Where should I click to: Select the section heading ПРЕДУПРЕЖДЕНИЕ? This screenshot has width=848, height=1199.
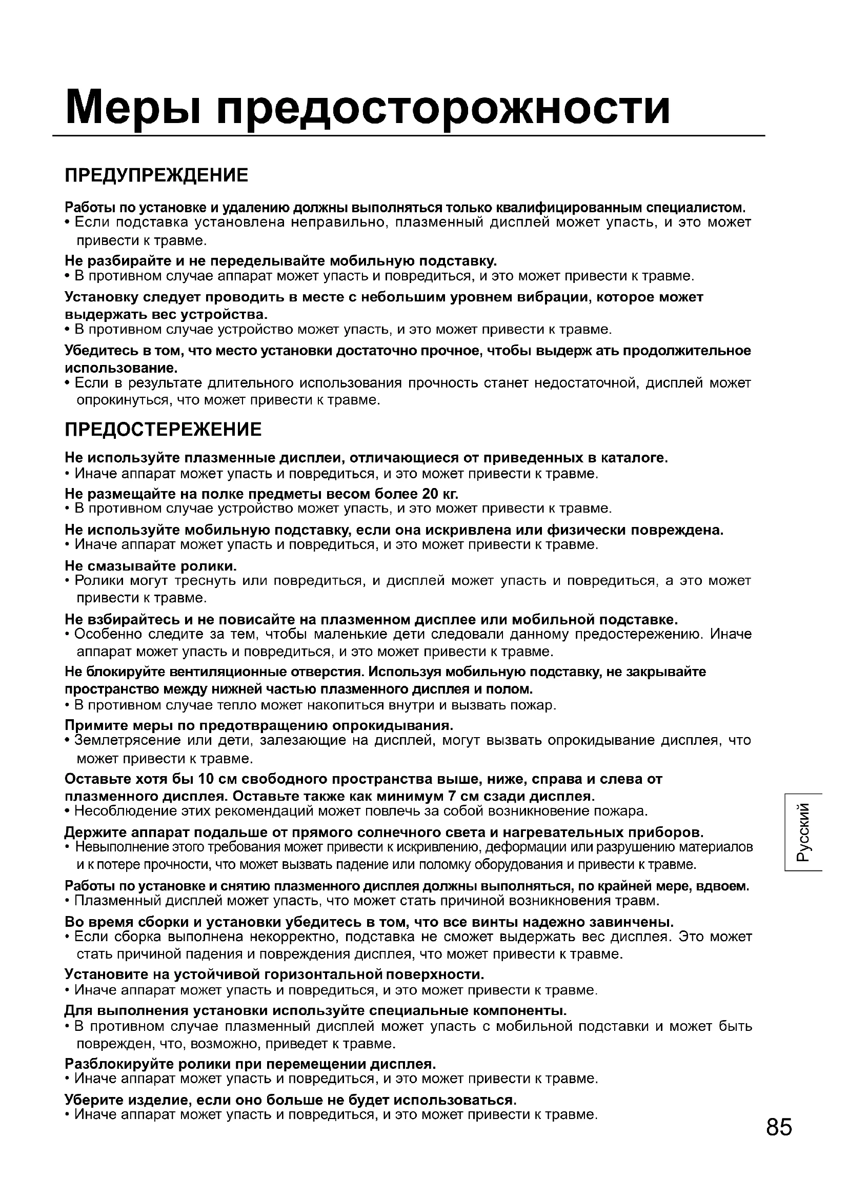156,175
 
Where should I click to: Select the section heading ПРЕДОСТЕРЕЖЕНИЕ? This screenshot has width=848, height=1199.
163,430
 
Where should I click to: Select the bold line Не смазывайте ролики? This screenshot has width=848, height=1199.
151,566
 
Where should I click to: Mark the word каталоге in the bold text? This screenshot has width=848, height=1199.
633,458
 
